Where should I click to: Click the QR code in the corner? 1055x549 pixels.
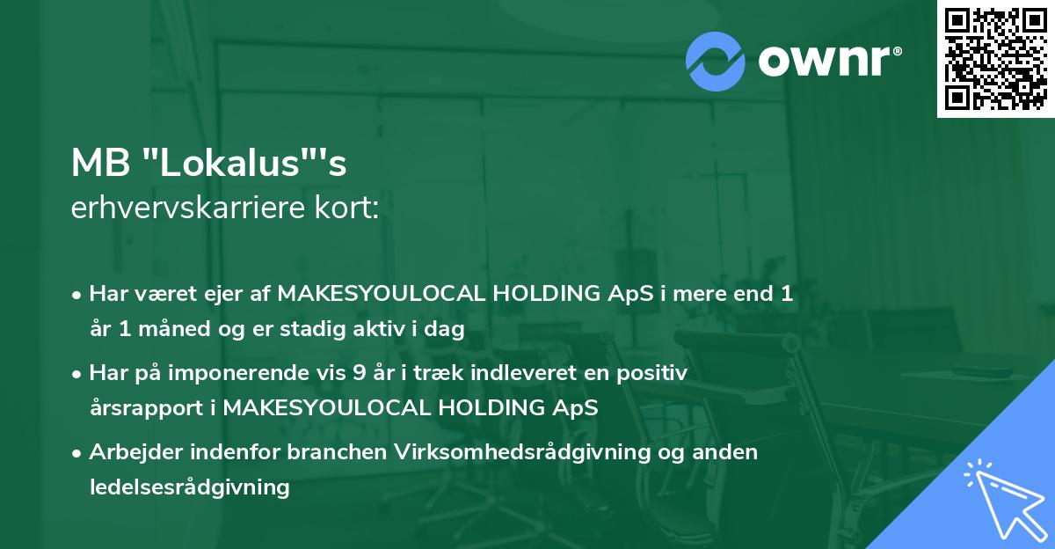click(x=995, y=59)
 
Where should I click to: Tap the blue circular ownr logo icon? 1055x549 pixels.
click(x=715, y=62)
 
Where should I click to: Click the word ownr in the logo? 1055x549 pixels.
click(x=824, y=61)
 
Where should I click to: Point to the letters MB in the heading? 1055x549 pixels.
click(x=101, y=163)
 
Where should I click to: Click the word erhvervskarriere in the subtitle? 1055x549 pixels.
click(x=188, y=208)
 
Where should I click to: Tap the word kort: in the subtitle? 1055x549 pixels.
click(x=346, y=208)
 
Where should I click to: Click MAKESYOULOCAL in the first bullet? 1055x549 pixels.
click(x=382, y=294)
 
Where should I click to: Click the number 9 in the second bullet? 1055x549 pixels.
click(x=359, y=373)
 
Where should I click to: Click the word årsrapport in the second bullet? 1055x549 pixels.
click(x=147, y=408)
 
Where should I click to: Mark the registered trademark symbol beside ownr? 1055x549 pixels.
click(x=897, y=51)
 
